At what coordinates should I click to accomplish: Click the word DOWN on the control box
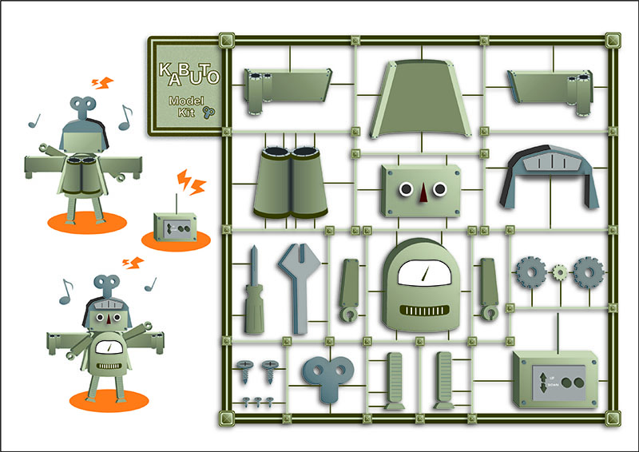click(x=554, y=385)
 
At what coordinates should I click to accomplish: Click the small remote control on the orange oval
click(x=176, y=228)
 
